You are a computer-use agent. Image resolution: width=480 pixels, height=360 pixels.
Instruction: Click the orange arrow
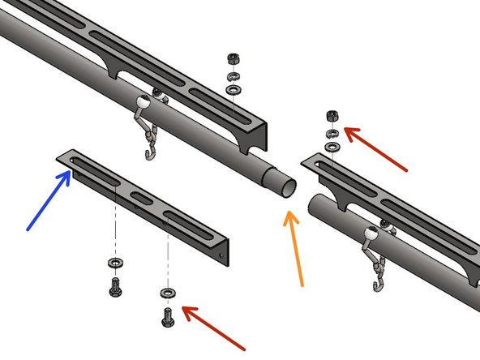(294, 248)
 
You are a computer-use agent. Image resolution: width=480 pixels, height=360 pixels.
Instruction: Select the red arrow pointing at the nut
(375, 148)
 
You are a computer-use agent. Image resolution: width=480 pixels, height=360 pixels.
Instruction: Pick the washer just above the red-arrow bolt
(168, 291)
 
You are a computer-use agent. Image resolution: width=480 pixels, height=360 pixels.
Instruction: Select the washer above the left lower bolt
(114, 264)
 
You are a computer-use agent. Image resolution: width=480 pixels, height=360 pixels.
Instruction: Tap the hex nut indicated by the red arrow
(332, 115)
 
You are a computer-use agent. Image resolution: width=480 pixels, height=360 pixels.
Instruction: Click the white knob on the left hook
(142, 102)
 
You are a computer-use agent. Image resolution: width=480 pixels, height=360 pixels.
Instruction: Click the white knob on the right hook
(372, 235)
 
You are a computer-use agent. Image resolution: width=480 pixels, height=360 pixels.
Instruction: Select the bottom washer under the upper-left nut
(234, 88)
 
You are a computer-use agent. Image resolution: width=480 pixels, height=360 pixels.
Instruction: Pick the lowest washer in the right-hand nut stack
(332, 148)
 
